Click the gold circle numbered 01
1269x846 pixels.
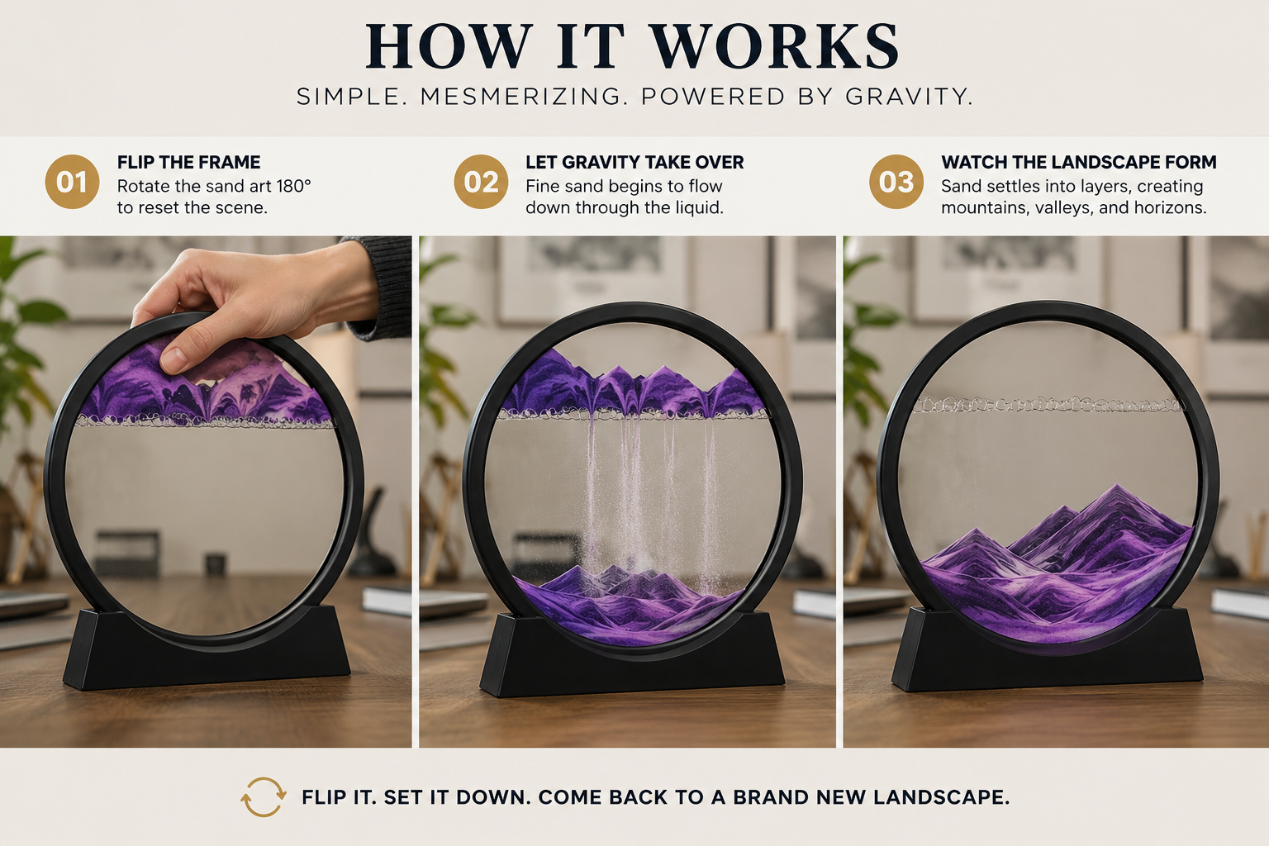pos(72,182)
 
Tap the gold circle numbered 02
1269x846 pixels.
pos(481,182)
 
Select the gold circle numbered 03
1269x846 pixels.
pos(896,182)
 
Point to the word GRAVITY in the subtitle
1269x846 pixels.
pos(909,97)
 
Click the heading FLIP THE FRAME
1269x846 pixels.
pos(188,163)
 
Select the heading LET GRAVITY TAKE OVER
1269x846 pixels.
pos(634,163)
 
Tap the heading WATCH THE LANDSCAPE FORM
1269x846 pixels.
pos(1079,163)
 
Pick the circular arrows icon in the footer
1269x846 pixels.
pos(264,796)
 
